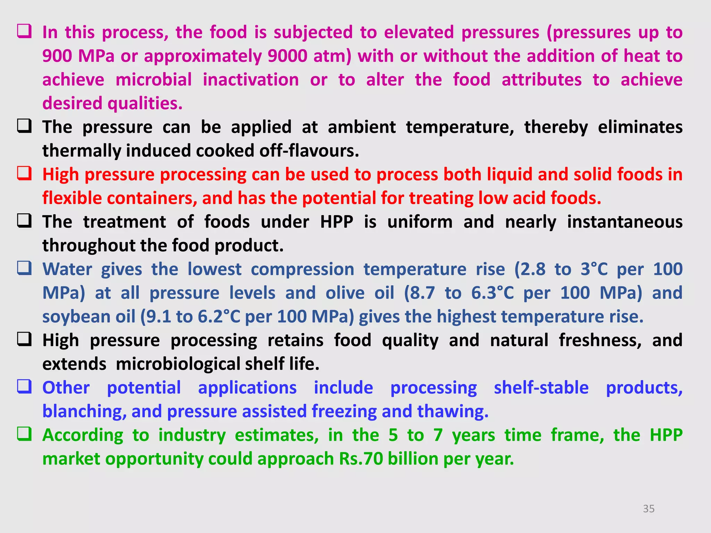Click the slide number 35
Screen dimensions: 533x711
pos(649,509)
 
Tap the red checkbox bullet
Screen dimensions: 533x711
pos(25,173)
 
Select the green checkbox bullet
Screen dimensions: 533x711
pos(25,434)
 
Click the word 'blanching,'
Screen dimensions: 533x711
pos(84,412)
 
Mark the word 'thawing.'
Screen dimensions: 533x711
pos(453,412)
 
